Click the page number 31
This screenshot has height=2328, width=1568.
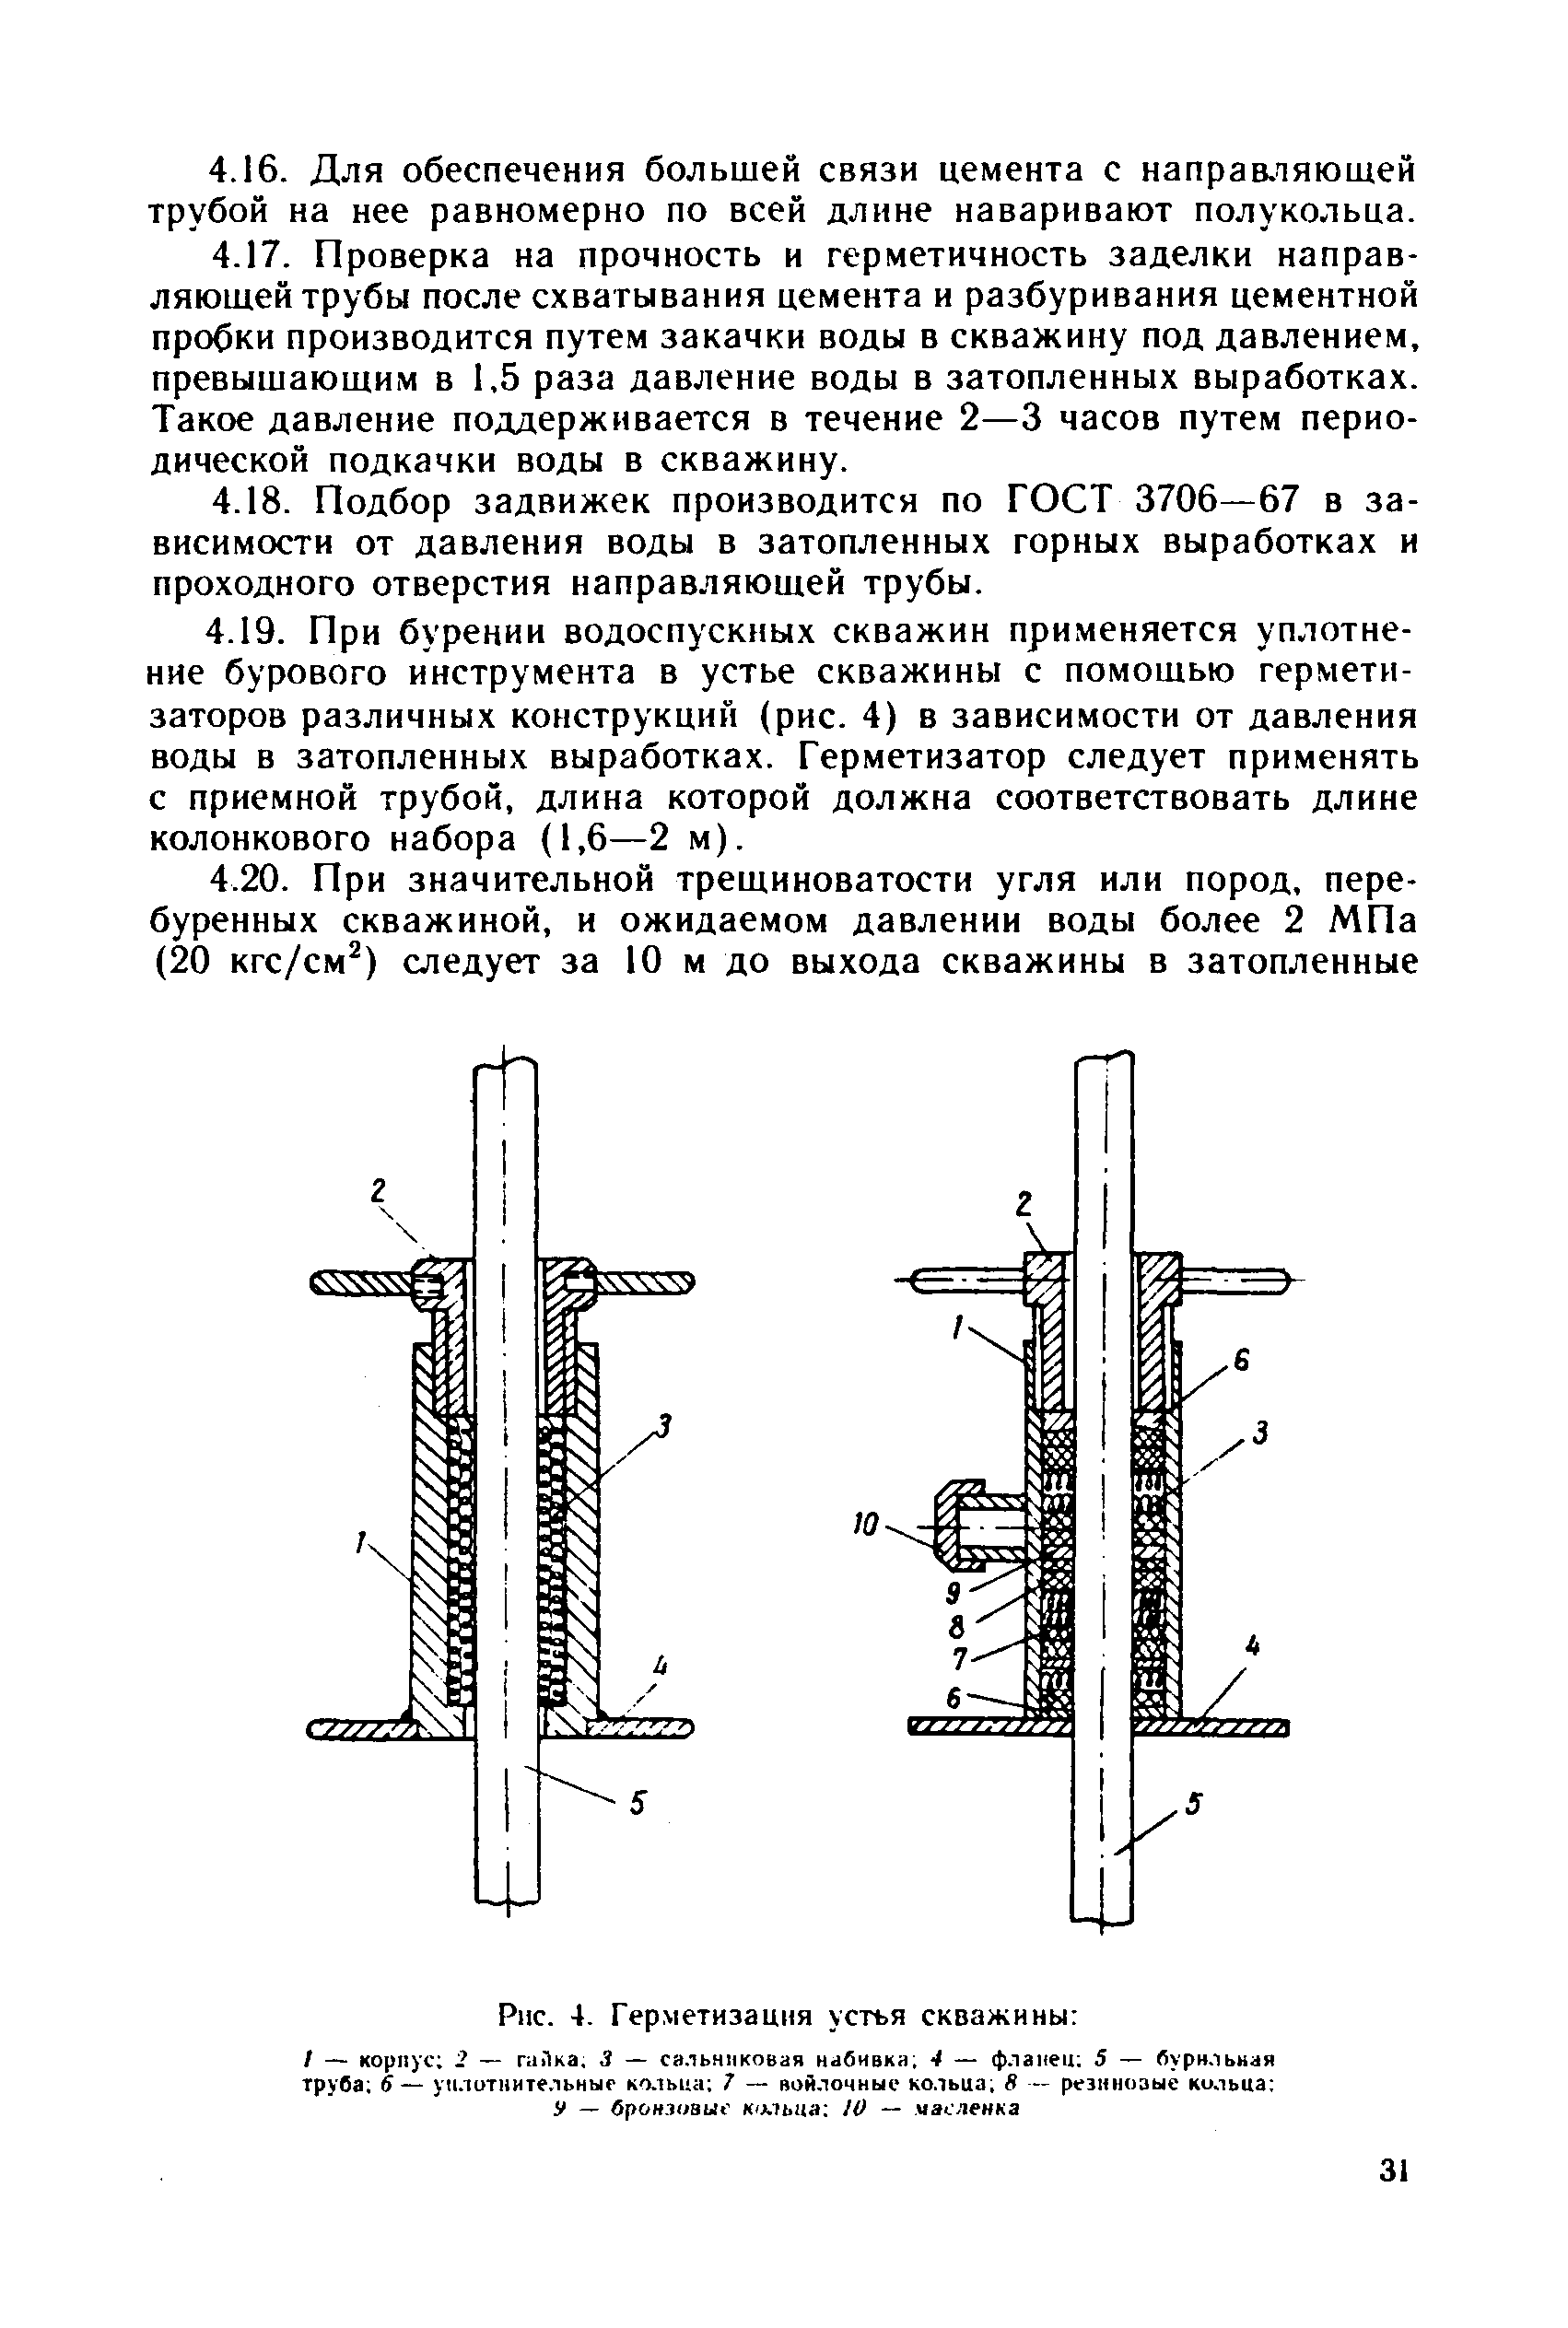(x=1393, y=2199)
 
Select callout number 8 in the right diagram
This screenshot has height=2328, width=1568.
(x=955, y=1626)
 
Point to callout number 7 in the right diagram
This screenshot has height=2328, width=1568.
(x=958, y=1660)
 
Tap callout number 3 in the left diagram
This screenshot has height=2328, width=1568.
(x=663, y=1426)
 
